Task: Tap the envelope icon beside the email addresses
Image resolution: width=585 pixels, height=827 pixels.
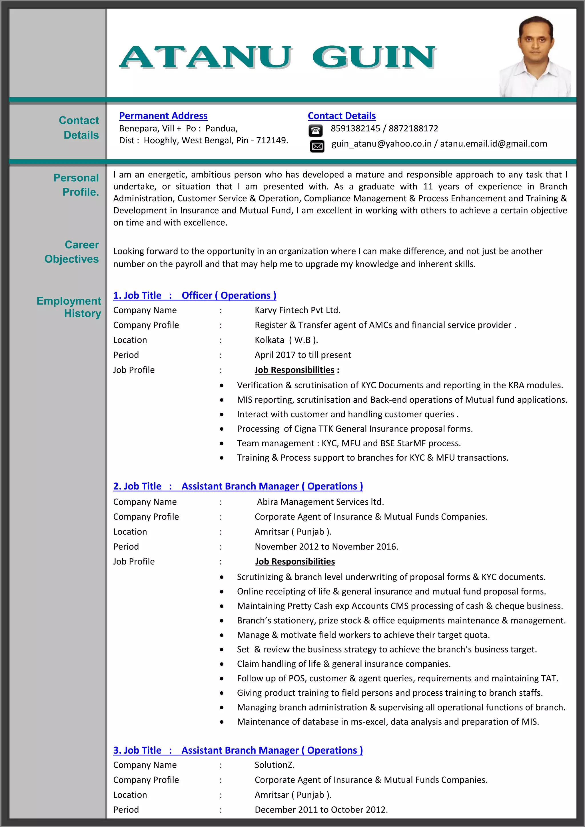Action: tap(317, 146)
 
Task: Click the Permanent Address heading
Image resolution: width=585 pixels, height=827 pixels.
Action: tap(163, 116)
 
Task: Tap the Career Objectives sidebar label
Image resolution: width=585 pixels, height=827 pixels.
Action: tap(72, 252)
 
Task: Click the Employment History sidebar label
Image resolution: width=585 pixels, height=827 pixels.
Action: tap(69, 307)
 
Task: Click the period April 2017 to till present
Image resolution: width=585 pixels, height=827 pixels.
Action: tap(302, 355)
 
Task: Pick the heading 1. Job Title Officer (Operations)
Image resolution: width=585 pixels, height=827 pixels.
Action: tap(195, 295)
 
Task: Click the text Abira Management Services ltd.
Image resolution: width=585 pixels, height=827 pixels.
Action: tap(320, 502)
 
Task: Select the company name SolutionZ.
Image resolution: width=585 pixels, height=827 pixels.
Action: tap(275, 765)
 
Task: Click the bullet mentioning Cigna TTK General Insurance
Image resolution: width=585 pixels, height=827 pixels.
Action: tap(354, 429)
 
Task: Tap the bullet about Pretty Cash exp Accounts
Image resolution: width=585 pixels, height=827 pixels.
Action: tap(400, 606)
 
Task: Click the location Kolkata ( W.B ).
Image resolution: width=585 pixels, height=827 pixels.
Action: tap(286, 340)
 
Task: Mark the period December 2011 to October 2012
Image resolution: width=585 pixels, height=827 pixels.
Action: tap(321, 810)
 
